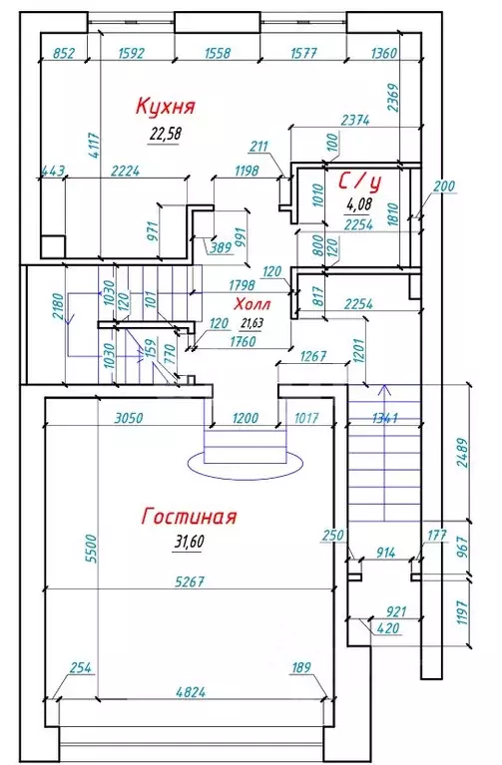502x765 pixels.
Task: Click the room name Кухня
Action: (x=165, y=106)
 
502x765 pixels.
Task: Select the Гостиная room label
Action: (x=189, y=517)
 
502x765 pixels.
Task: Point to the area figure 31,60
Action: (x=188, y=542)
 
